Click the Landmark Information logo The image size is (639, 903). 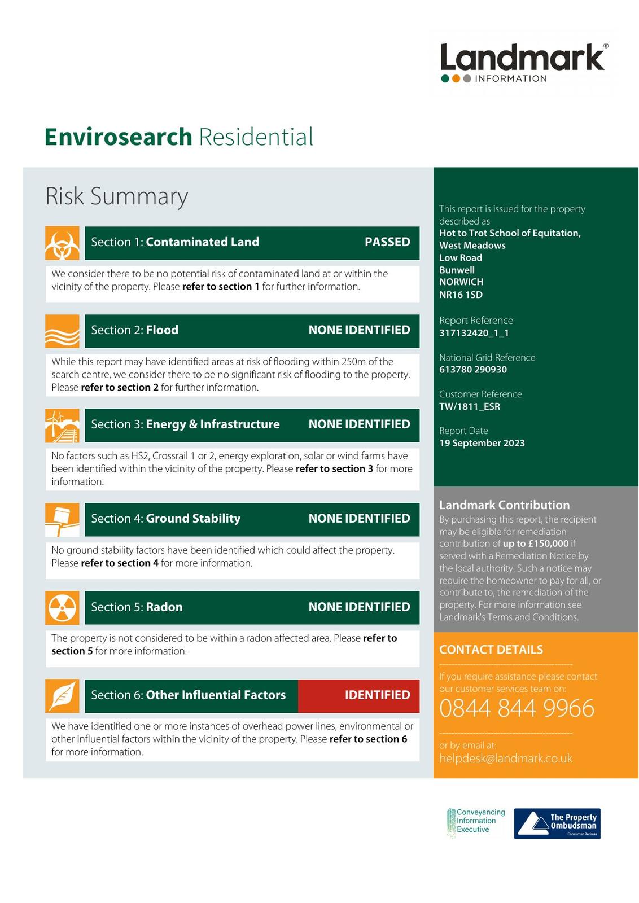(x=523, y=63)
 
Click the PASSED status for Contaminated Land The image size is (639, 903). (x=387, y=242)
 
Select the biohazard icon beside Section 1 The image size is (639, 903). (x=62, y=243)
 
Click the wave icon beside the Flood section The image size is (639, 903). (x=62, y=331)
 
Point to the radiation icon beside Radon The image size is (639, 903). (x=62, y=608)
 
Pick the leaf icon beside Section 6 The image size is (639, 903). (x=62, y=696)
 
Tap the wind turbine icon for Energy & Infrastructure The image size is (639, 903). (x=62, y=426)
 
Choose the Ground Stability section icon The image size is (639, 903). (x=62, y=520)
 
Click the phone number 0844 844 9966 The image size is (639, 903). (x=517, y=708)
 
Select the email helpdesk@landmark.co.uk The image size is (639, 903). (x=506, y=758)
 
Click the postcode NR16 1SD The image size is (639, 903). (x=461, y=295)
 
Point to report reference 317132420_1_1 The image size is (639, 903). (x=474, y=333)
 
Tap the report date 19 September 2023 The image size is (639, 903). (x=482, y=443)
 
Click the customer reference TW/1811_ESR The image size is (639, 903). (x=470, y=406)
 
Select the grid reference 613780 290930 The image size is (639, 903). (x=473, y=370)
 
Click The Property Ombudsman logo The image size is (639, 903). (x=557, y=823)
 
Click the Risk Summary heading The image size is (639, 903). (x=116, y=196)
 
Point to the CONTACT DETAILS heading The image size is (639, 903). (x=491, y=650)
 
